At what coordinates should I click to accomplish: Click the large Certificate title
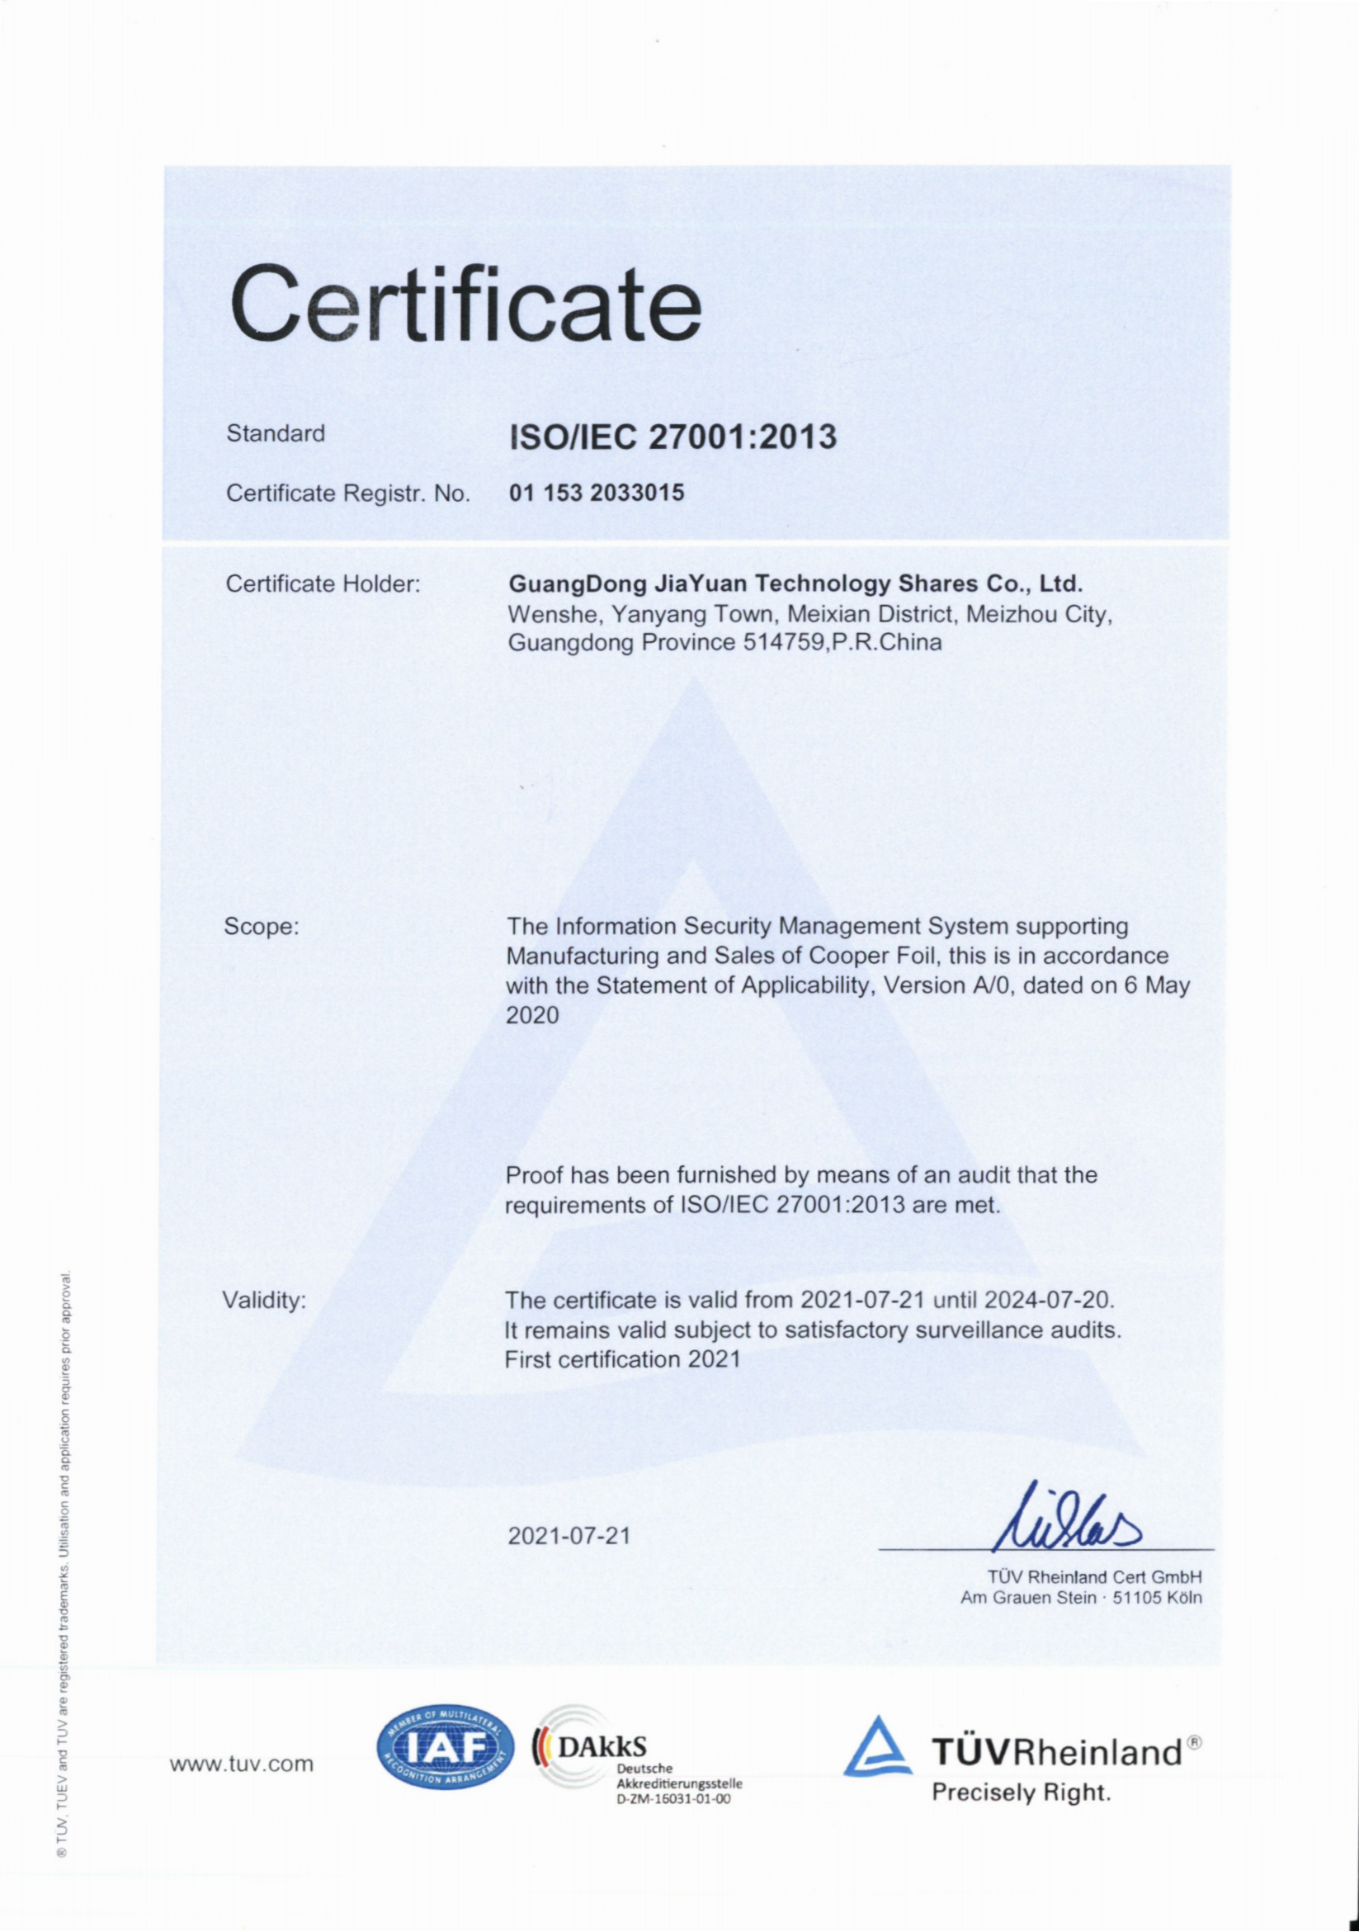pyautogui.click(x=465, y=304)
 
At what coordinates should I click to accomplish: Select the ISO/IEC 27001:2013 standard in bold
pyautogui.click(x=673, y=436)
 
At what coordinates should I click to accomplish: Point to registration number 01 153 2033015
pyautogui.click(x=597, y=492)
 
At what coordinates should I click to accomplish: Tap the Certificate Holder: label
pyautogui.click(x=323, y=583)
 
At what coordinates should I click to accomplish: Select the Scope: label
pyautogui.click(x=262, y=927)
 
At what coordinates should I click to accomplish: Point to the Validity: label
pyautogui.click(x=264, y=1300)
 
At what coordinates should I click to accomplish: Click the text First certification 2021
pyautogui.click(x=623, y=1359)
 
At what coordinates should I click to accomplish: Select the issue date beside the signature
pyautogui.click(x=569, y=1536)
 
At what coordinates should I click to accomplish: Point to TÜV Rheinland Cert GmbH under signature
pyautogui.click(x=1095, y=1576)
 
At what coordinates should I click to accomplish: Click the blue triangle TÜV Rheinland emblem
pyautogui.click(x=877, y=1749)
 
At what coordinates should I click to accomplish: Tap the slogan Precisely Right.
pyautogui.click(x=1021, y=1793)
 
